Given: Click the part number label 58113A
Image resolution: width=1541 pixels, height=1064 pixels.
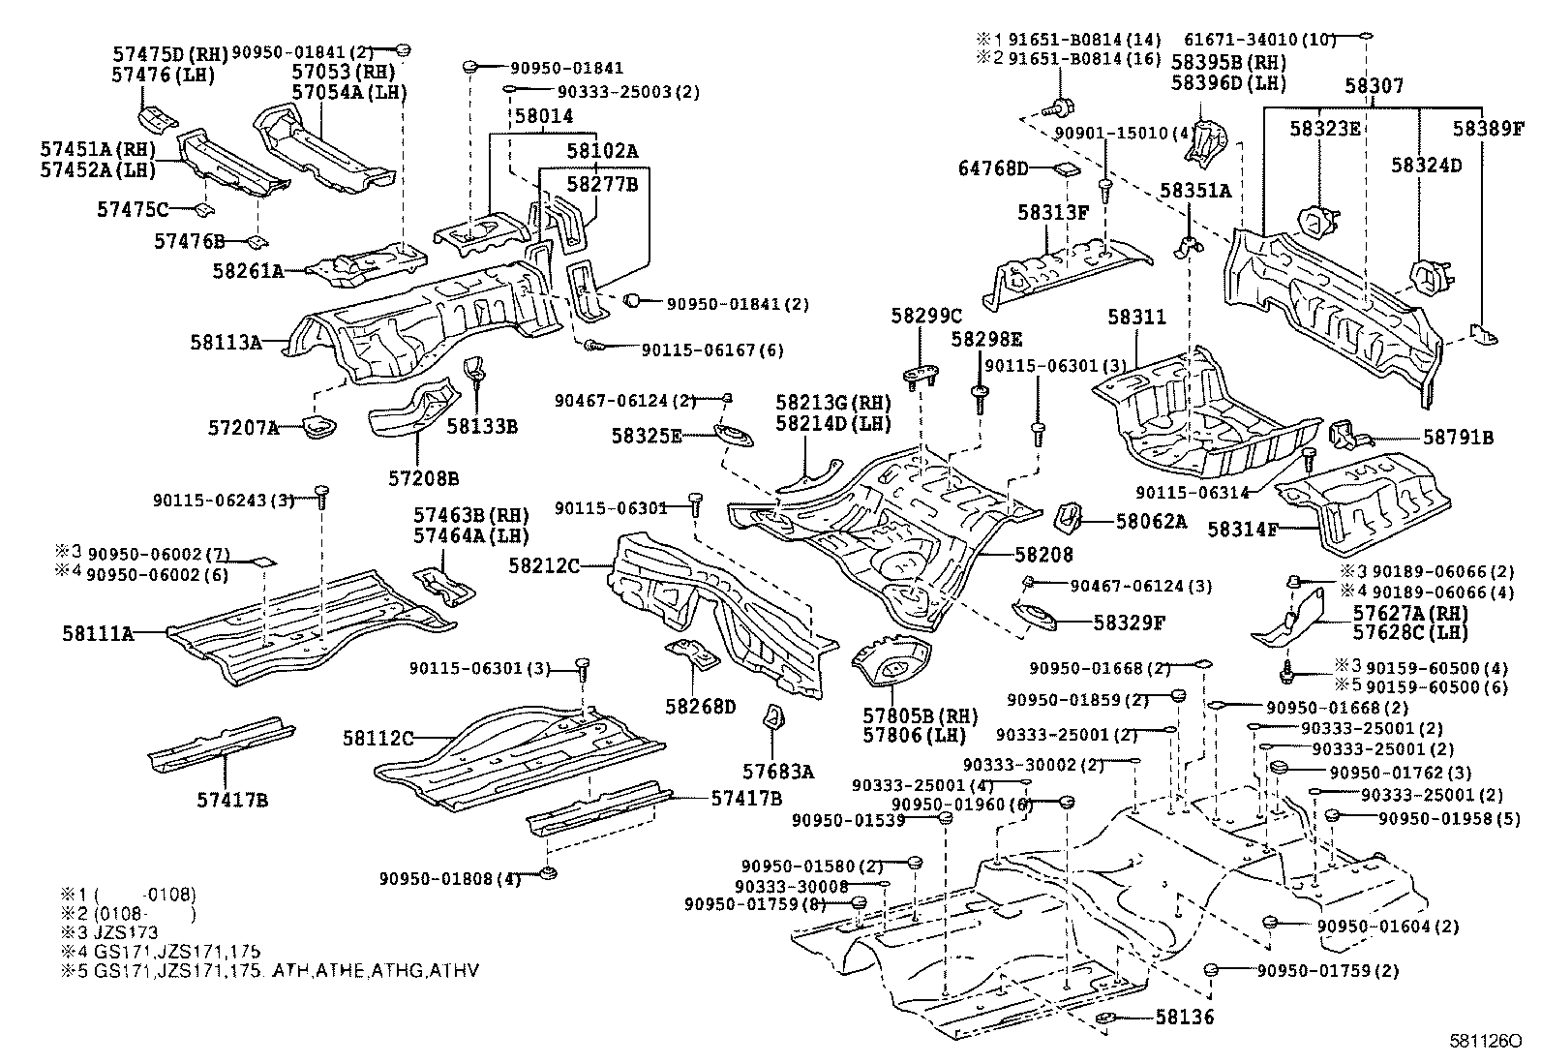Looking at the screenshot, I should click(226, 341).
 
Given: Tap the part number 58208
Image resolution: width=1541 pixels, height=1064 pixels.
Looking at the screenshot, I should click(1043, 555).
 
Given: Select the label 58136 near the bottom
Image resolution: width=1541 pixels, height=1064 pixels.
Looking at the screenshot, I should click(1185, 1017).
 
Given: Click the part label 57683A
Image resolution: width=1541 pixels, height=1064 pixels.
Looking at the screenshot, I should click(778, 772).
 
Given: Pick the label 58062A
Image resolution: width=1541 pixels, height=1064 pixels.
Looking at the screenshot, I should click(1150, 522).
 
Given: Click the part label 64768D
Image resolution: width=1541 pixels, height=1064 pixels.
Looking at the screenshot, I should click(993, 169).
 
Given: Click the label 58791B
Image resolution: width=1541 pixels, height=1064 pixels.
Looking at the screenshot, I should click(1458, 438).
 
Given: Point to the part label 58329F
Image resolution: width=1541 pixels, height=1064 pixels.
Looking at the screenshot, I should click(1130, 623).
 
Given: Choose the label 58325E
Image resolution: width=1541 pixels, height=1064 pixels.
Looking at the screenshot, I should click(646, 436).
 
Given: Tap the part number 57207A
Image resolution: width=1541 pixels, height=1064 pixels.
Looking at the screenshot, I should click(243, 427).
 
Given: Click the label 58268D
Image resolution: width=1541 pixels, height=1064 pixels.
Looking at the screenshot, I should click(701, 706).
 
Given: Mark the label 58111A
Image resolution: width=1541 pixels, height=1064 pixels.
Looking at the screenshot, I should click(98, 633).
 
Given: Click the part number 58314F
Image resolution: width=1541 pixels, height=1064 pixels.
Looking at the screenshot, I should click(1242, 529).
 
